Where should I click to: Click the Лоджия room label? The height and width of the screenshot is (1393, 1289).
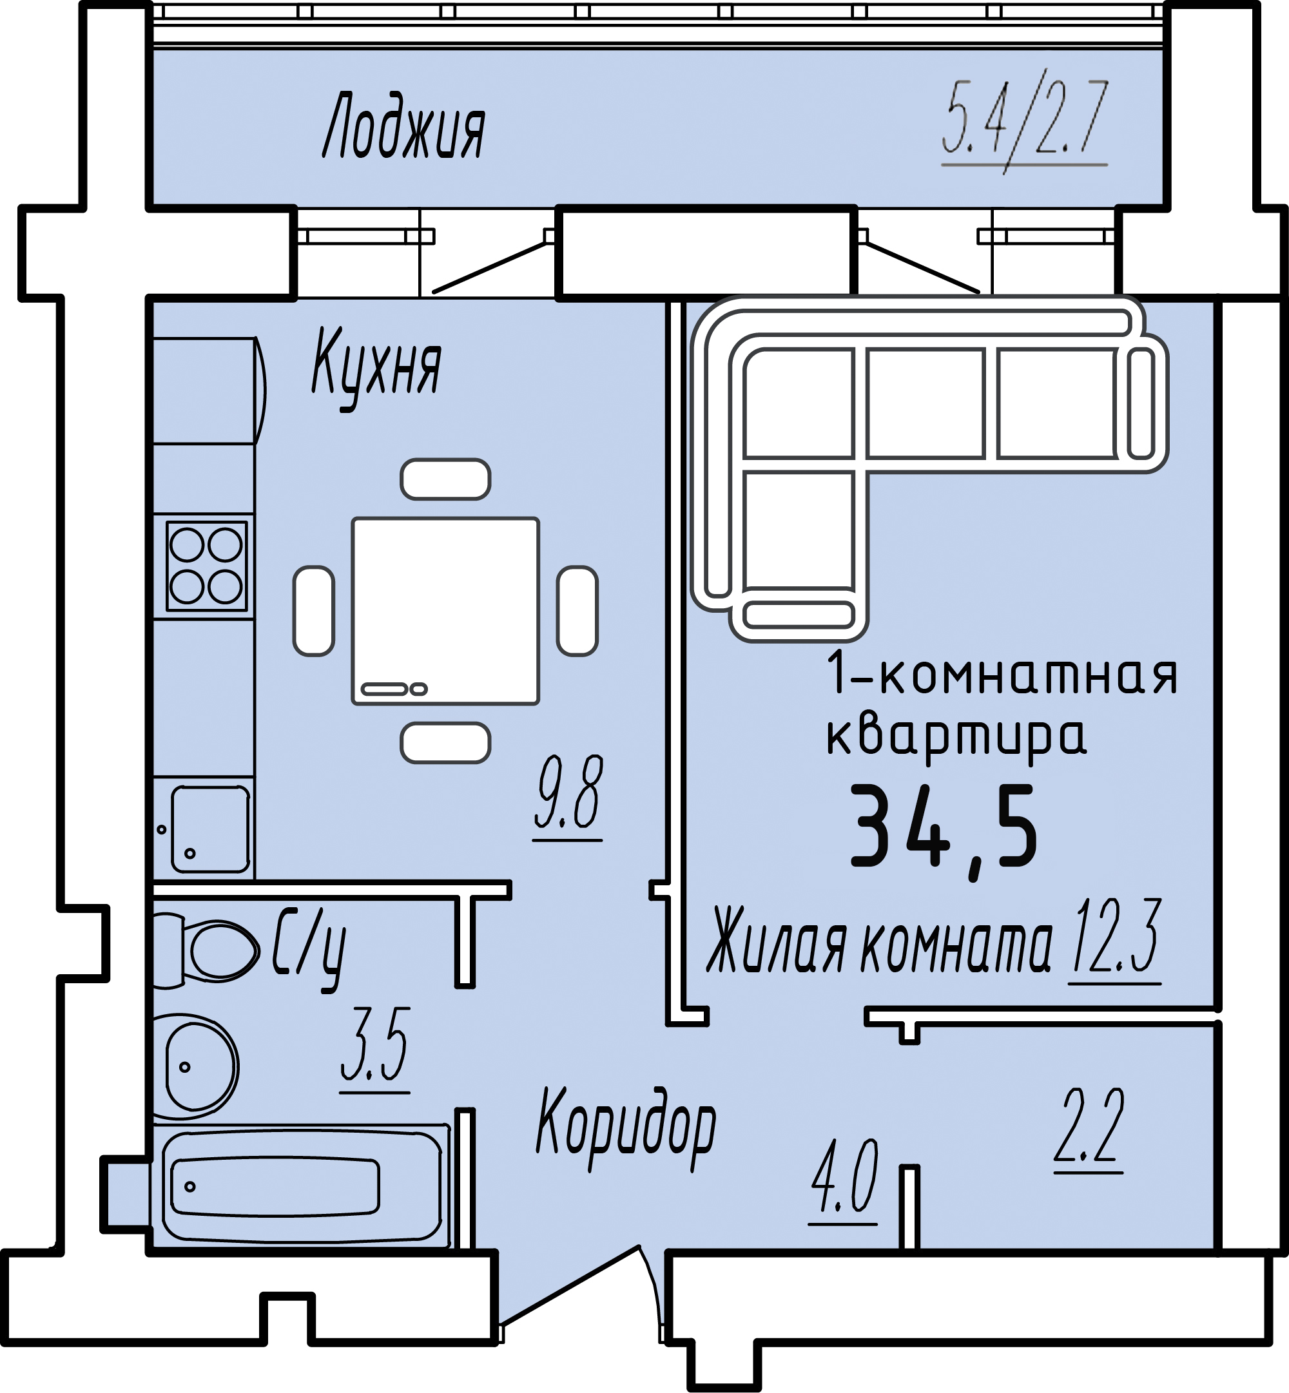pos(404,126)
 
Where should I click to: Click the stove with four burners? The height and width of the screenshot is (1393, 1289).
pos(206,566)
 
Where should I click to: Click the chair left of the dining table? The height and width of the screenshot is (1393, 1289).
pos(314,611)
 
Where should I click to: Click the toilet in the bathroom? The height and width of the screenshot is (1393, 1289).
pos(206,950)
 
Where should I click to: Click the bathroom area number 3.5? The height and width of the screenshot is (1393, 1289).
pos(375,1046)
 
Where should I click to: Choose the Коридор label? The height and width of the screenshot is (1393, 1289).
pos(626,1127)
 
